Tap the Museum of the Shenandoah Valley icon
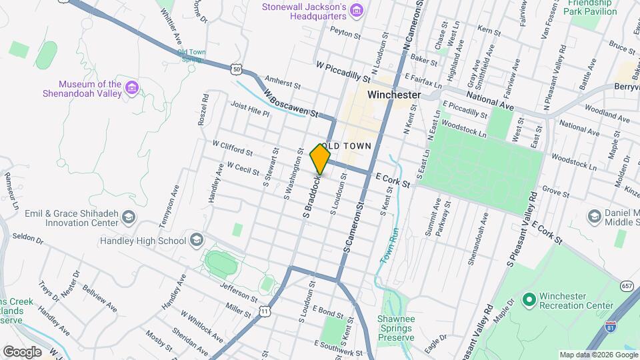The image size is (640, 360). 132,89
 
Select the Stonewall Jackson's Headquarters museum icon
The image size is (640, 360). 357,10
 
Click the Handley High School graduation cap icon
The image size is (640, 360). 196,240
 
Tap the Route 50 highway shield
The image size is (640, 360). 237,68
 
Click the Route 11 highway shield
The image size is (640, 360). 265,311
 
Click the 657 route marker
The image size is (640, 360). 626,285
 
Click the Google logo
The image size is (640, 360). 22,351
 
